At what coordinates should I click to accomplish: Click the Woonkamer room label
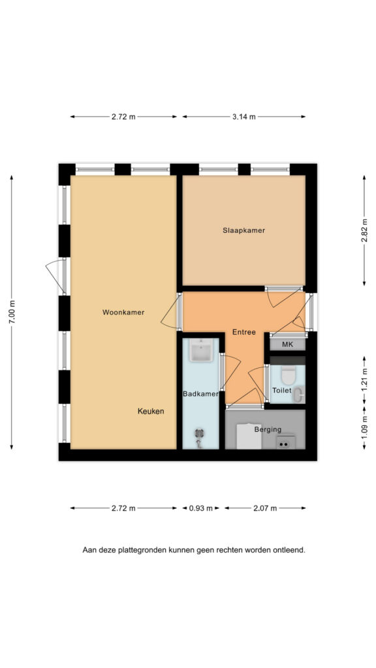[123, 312]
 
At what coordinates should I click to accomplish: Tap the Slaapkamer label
[244, 230]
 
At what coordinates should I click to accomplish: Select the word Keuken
[151, 412]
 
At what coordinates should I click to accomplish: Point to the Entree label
[244, 332]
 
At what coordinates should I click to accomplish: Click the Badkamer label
[201, 394]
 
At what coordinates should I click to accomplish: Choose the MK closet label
[288, 344]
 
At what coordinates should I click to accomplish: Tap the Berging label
[268, 429]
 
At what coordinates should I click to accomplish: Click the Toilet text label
[282, 390]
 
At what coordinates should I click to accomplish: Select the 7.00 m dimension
[12, 312]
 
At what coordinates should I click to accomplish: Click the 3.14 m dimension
[244, 117]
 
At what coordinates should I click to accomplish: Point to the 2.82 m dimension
[364, 230]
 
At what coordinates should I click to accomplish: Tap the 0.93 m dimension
[201, 508]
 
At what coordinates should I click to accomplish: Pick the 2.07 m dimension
[265, 508]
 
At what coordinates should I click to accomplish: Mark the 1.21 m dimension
[364, 380]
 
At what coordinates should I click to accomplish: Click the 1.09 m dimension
[364, 429]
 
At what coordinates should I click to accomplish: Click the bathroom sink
[201, 350]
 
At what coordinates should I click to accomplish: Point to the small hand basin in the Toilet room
[299, 395]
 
